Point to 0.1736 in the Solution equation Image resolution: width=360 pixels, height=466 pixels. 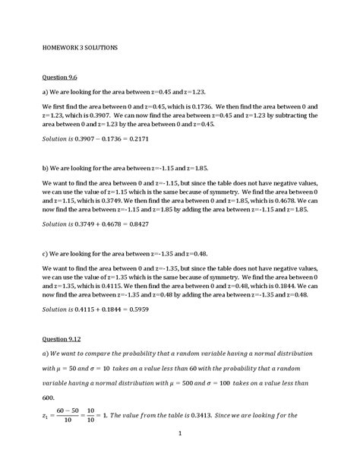117,139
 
